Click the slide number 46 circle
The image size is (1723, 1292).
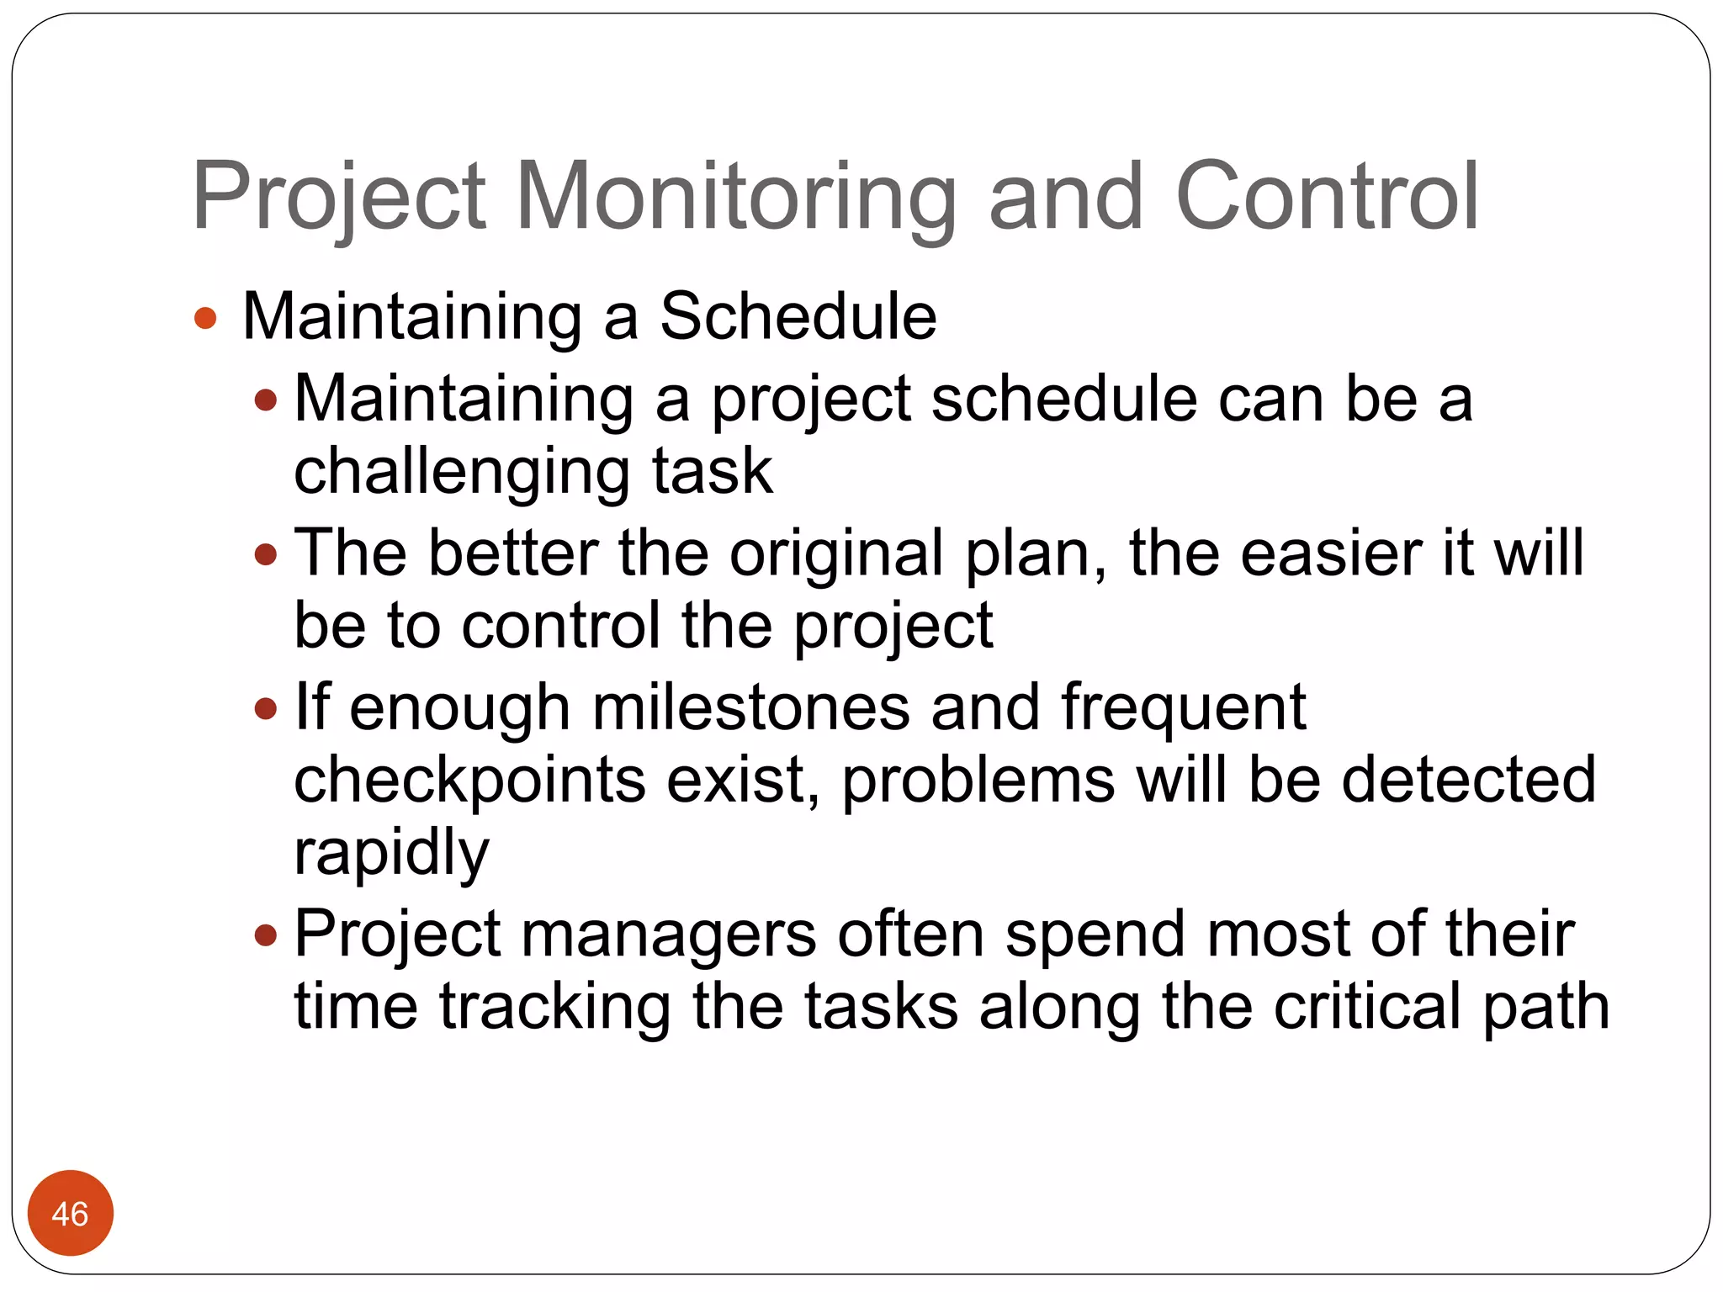[x=70, y=1213]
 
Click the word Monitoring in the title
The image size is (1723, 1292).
[x=735, y=199]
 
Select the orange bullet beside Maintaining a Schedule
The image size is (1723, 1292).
[x=205, y=318]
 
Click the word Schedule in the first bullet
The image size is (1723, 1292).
[x=798, y=316]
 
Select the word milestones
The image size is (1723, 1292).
[x=750, y=708]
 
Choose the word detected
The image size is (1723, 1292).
[x=1468, y=781]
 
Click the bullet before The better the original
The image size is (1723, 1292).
[x=266, y=554]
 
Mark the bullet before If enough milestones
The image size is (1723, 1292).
[x=266, y=708]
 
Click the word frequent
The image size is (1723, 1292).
[x=1183, y=708]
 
